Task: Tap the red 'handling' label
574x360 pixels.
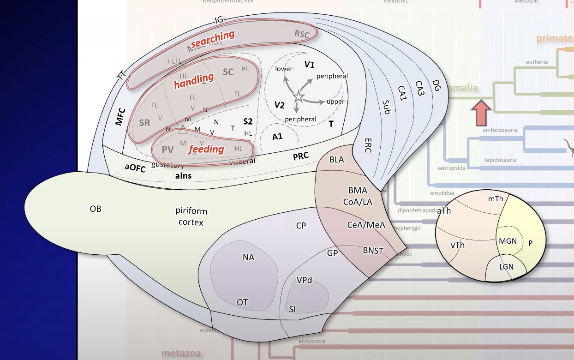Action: (194, 81)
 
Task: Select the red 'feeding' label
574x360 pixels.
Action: (206, 149)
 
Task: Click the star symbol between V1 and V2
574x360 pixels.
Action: (298, 96)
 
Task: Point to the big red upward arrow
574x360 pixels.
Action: (480, 112)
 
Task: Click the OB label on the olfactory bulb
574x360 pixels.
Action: (96, 209)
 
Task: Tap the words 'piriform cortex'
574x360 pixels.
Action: (191, 216)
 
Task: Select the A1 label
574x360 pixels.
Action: (277, 137)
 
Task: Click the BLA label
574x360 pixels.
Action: (336, 159)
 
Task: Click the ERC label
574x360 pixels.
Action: (368, 142)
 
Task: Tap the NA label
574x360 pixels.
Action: (248, 257)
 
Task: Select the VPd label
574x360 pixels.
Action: (305, 280)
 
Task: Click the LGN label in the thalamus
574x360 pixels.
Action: (506, 267)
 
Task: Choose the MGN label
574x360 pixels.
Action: (508, 241)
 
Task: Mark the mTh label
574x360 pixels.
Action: (496, 198)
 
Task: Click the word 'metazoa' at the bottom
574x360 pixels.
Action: (181, 354)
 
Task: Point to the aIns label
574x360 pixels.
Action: (183, 175)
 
